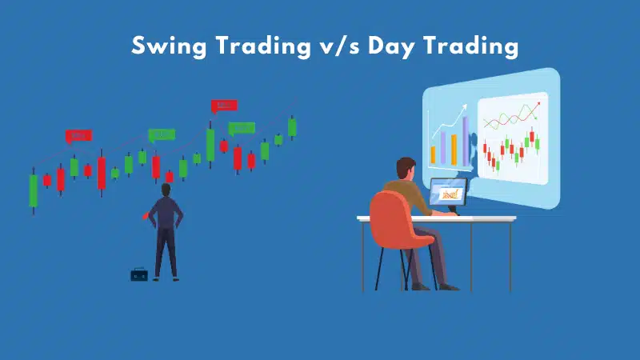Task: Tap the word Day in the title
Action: (391, 46)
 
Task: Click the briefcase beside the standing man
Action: (139, 274)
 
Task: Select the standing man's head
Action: (166, 190)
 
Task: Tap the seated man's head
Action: (406, 168)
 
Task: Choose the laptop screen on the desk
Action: (448, 192)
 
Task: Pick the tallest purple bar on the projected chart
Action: (466, 142)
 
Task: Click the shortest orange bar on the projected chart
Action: (433, 155)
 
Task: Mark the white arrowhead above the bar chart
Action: (463, 108)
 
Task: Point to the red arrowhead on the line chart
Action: (538, 104)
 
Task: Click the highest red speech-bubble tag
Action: (224, 106)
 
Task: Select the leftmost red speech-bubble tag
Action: (78, 136)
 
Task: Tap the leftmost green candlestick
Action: (34, 190)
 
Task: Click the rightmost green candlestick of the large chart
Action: (292, 127)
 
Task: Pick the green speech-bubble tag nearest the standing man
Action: (162, 135)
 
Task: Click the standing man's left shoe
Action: (155, 279)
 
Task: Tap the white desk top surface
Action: (436, 218)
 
